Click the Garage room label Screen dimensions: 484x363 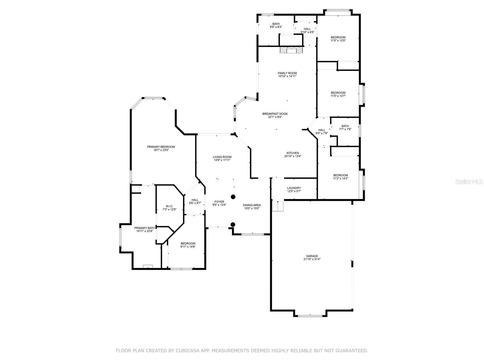point(312,258)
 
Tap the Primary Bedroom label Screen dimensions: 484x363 point(161,148)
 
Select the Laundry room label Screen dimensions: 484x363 point(294,190)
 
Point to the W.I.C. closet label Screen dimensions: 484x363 point(169,208)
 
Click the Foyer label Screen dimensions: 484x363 point(219,203)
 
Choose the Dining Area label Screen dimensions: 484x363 point(252,207)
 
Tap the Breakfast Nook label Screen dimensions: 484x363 point(275,115)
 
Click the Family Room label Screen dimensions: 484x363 point(287,74)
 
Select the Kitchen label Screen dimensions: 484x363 point(293,155)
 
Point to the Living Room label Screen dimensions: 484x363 point(222,159)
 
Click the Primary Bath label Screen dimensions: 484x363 point(145,229)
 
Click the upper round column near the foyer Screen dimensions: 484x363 point(233,197)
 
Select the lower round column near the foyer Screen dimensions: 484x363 point(233,224)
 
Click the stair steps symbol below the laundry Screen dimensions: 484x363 point(278,206)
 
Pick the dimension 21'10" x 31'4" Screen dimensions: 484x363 point(312,259)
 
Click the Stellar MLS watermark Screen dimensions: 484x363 point(469,181)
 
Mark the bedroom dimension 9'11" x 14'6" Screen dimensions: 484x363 point(188,247)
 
